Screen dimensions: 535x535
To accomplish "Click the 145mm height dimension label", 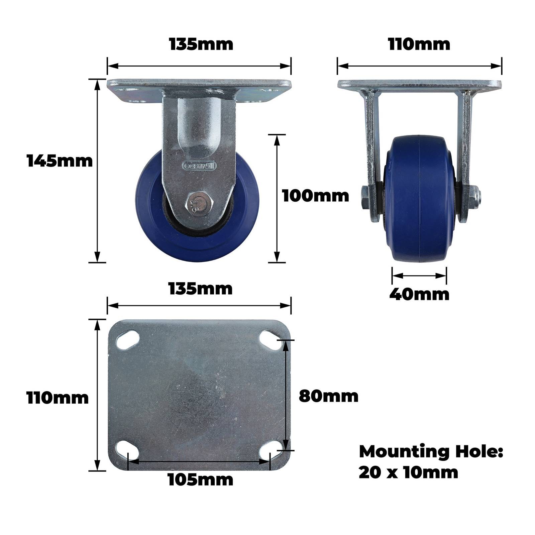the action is (x=60, y=161).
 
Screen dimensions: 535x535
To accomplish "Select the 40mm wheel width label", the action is (x=419, y=294).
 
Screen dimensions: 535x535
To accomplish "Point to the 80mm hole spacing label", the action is (x=328, y=396).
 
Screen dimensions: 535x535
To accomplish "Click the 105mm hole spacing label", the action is (x=200, y=480).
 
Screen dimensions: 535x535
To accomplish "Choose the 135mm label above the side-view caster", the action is (x=201, y=44).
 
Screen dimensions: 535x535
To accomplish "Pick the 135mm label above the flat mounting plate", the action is (x=200, y=289).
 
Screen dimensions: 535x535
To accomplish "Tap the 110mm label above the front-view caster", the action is (x=419, y=44).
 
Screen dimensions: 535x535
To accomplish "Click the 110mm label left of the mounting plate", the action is (x=58, y=398).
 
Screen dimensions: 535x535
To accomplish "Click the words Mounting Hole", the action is (x=431, y=452).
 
